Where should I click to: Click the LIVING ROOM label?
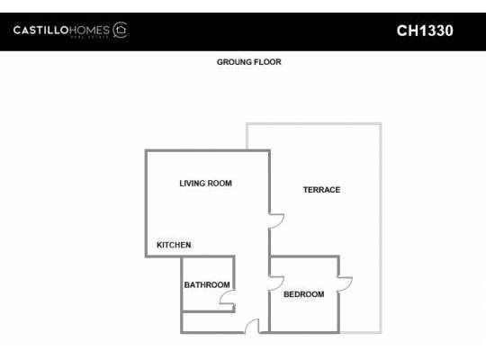tap(205, 184)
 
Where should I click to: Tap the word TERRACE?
tap(321, 190)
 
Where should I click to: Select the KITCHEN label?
tap(174, 245)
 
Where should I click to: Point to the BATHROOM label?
tap(207, 285)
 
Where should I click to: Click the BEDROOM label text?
tap(303, 294)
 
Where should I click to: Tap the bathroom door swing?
tap(227, 298)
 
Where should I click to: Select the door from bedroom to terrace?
tap(345, 283)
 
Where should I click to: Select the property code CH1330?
tap(425, 31)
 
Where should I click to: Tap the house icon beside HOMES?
tap(120, 31)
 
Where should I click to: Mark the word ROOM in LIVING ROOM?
tap(220, 184)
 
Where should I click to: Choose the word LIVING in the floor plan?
tap(192, 184)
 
